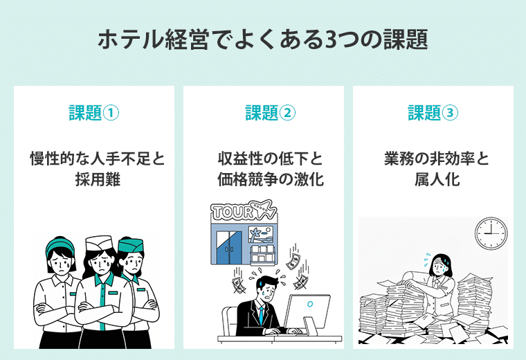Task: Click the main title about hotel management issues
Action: (262, 39)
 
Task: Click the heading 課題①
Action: (93, 113)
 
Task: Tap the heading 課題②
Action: (263, 113)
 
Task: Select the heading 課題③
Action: (433, 113)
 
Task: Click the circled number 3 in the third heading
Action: (450, 113)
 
